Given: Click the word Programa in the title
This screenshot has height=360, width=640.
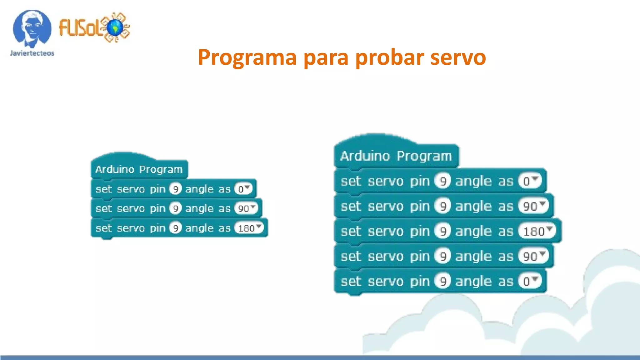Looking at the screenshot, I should [x=247, y=57].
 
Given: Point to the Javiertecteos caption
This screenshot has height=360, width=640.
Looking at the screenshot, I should [x=32, y=53].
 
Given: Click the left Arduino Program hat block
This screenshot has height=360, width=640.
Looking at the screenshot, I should [x=139, y=169].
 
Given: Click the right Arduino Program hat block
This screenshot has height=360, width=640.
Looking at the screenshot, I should [x=396, y=156].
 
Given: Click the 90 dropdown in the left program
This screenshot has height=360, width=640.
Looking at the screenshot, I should [x=246, y=208].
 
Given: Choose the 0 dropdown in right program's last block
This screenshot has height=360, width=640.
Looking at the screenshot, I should [x=529, y=281].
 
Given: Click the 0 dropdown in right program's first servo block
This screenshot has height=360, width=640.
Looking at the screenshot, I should [x=529, y=181].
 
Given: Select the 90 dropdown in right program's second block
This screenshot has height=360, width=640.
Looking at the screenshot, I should [x=533, y=206].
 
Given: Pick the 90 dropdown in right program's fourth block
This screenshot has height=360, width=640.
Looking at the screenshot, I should [x=533, y=256].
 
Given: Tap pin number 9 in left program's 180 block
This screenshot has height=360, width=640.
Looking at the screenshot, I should [x=175, y=228].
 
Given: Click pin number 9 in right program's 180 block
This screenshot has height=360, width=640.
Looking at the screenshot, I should [x=442, y=231].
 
